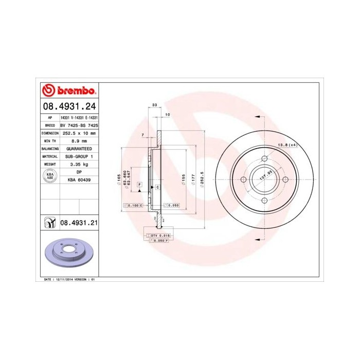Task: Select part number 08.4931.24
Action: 69,107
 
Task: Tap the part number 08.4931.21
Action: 79,223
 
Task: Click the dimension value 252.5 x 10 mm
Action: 79,133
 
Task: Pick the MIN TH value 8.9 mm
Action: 79,140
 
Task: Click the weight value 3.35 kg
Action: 79,164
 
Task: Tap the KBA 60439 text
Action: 79,179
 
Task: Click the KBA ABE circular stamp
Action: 50,175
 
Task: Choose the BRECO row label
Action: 50,125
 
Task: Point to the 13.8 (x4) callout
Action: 287,146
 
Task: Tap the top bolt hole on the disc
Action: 263,158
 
